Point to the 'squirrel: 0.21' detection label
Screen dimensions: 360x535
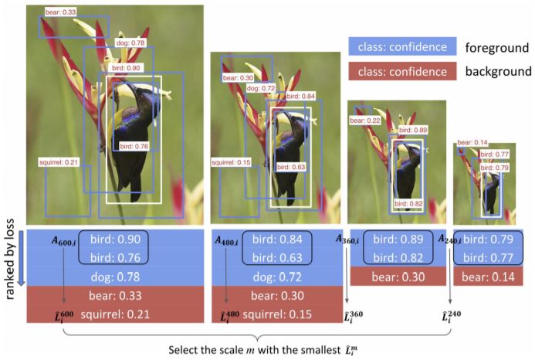(59, 161)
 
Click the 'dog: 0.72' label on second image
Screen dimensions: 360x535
(261, 89)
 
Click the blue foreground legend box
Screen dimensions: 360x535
(398, 47)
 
